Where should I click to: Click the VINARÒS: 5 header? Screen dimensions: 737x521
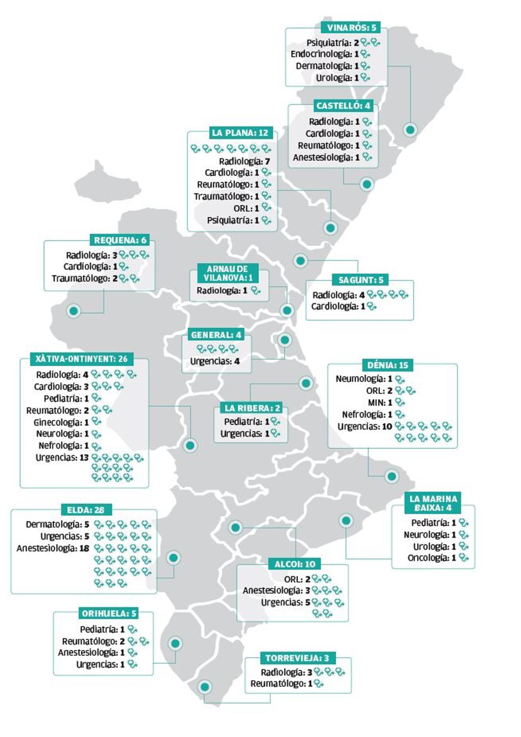tap(351, 28)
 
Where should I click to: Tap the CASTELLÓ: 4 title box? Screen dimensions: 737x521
tap(343, 106)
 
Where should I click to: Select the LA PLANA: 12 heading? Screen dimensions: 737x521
tap(240, 133)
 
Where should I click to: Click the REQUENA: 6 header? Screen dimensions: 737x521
tap(120, 240)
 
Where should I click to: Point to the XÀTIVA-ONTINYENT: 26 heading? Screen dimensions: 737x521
tap(82, 359)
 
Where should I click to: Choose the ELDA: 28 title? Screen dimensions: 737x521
tap(86, 510)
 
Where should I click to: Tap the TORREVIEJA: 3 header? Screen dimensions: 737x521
tap(297, 658)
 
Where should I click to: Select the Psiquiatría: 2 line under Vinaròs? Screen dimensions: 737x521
tap(333, 43)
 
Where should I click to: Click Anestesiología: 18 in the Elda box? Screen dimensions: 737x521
tap(53, 548)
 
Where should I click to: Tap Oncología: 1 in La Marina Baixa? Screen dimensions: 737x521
tap(432, 558)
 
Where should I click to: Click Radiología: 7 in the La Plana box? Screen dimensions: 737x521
tap(244, 161)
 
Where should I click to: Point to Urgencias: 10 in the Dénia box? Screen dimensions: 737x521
tap(365, 426)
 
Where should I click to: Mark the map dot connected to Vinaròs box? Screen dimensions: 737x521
tap(410, 129)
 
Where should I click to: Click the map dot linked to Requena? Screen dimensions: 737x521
tap(74, 311)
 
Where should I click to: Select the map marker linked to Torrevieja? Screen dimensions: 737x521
tap(204, 687)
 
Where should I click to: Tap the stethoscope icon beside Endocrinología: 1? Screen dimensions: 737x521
tap(366, 54)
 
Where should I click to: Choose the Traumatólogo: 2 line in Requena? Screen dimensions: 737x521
tap(85, 278)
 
